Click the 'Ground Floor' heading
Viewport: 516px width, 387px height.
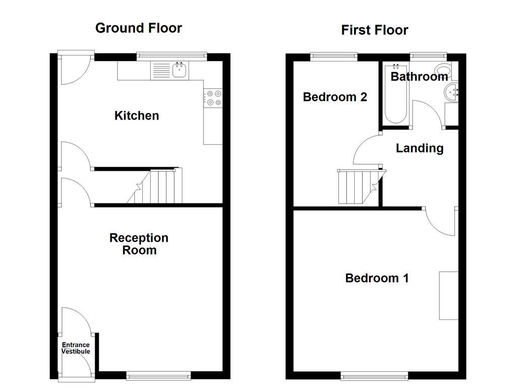pyautogui.click(x=139, y=28)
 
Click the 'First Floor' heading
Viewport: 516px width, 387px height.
pyautogui.click(x=374, y=30)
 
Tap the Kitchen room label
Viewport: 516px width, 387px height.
pyautogui.click(x=137, y=116)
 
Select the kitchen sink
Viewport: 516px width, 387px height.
pyautogui.click(x=179, y=70)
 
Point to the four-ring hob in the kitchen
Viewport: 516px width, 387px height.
pyautogui.click(x=213, y=98)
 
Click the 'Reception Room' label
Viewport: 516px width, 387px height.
pyautogui.click(x=139, y=244)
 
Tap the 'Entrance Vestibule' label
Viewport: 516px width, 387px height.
pyautogui.click(x=76, y=348)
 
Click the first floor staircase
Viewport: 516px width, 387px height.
pyautogui.click(x=358, y=187)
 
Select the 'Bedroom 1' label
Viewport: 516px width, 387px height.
pyautogui.click(x=376, y=278)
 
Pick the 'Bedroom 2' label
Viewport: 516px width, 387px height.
pyautogui.click(x=335, y=97)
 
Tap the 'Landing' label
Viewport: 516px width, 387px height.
pyautogui.click(x=419, y=148)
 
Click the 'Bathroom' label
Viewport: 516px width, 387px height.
pyautogui.click(x=419, y=77)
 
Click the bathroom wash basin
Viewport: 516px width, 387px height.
pyautogui.click(x=451, y=92)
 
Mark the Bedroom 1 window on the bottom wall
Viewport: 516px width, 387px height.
pyautogui.click(x=374, y=375)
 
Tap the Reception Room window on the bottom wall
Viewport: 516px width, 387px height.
pyautogui.click(x=158, y=375)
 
